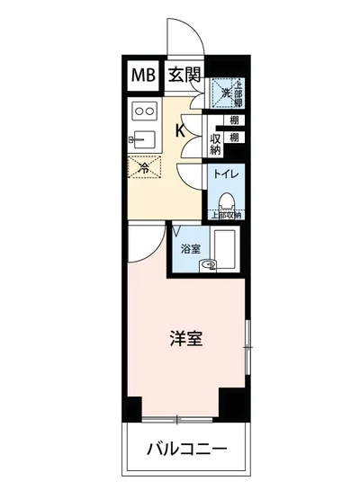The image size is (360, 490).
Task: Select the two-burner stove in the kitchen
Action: (143, 111)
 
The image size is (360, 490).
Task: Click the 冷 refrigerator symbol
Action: (143, 167)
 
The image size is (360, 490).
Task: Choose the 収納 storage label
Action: (216, 144)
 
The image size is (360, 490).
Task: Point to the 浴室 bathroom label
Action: (189, 247)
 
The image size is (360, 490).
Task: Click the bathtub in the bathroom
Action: (226, 245)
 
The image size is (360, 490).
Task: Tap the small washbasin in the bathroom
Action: (209, 264)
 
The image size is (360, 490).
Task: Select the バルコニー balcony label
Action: (187, 450)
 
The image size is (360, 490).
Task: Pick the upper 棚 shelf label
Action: (233, 120)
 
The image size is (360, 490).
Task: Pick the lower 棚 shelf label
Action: (233, 138)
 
